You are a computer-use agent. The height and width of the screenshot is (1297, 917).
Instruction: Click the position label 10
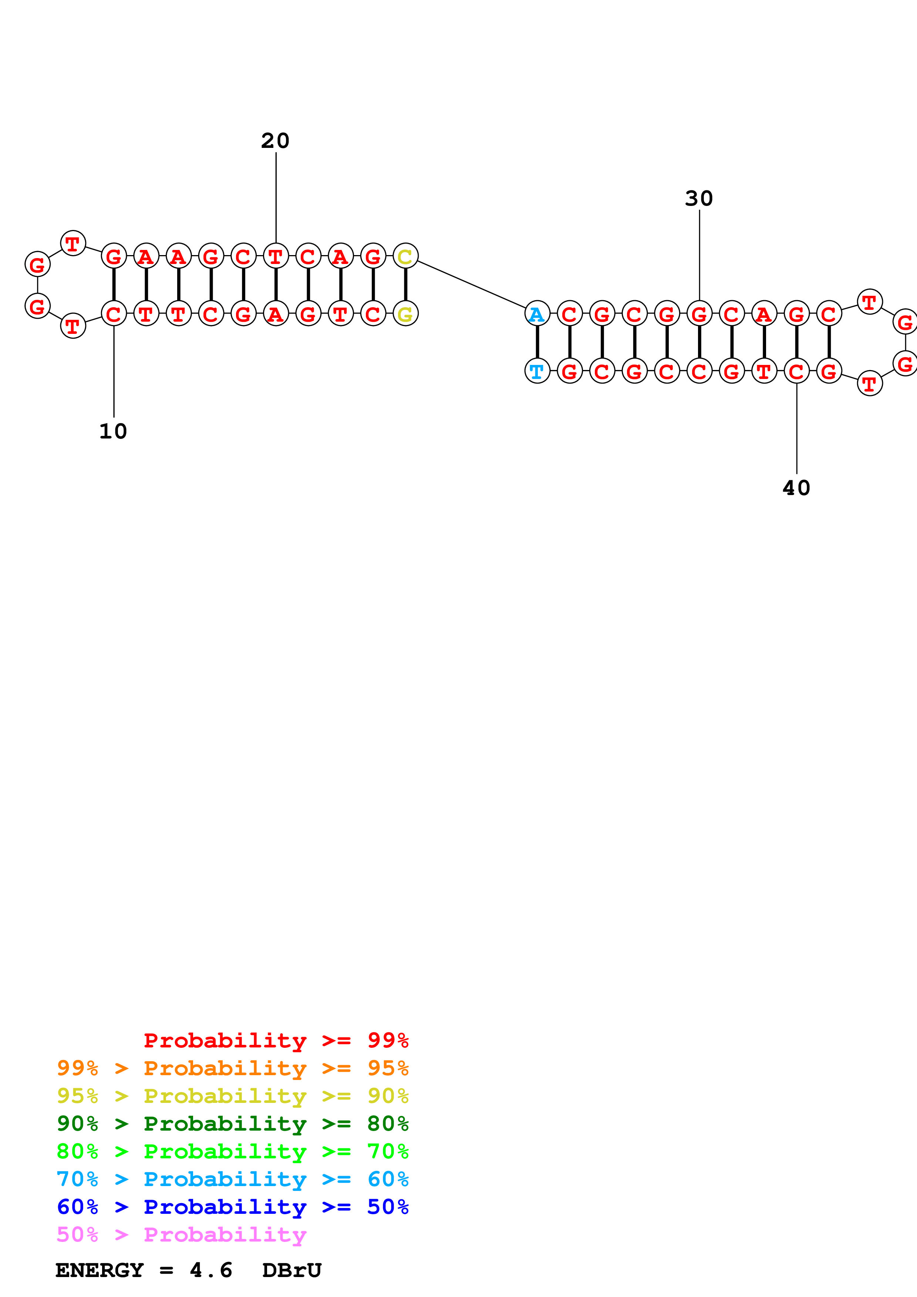(113, 431)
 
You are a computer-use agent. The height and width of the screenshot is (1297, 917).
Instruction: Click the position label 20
(275, 140)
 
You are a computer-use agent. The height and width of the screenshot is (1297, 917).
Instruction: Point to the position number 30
(699, 198)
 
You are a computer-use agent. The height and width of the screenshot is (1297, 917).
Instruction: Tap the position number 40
(796, 488)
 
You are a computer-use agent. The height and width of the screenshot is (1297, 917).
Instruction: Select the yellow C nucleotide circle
(405, 257)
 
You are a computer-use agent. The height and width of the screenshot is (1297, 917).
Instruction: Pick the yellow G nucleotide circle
(405, 314)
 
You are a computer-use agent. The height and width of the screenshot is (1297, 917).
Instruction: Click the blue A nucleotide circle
(537, 314)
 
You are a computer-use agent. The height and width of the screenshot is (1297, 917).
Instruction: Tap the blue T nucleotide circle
(537, 372)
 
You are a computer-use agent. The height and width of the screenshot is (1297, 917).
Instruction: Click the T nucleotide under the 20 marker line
(276, 257)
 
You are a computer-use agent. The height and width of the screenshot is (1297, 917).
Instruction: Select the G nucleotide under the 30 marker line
(699, 314)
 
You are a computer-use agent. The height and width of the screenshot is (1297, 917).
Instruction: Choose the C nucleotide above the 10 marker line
(114, 314)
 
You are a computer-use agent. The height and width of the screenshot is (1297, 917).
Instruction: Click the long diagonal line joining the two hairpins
(471, 285)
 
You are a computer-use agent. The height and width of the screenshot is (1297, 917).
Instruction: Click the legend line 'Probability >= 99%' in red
(276, 1040)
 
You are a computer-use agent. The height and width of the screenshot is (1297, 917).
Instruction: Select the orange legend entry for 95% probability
(232, 1068)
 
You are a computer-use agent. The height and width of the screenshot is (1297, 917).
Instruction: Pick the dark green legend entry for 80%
(232, 1124)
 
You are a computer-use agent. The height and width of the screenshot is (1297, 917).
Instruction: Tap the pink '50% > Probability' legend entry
(181, 1235)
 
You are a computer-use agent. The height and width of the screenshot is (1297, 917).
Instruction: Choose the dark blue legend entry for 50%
(232, 1207)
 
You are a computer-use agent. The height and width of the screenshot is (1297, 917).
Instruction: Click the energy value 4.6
(211, 1270)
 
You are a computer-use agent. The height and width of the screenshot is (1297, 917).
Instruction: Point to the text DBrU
(291, 1270)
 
